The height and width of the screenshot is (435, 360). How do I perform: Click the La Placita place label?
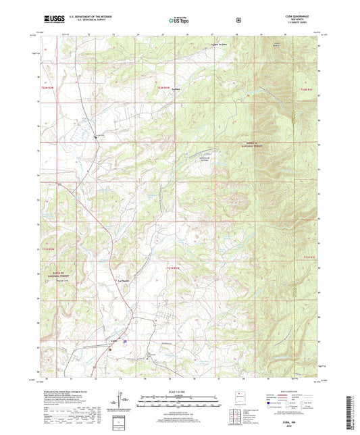[124, 280]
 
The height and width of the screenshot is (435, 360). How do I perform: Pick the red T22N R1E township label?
[307, 89]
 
